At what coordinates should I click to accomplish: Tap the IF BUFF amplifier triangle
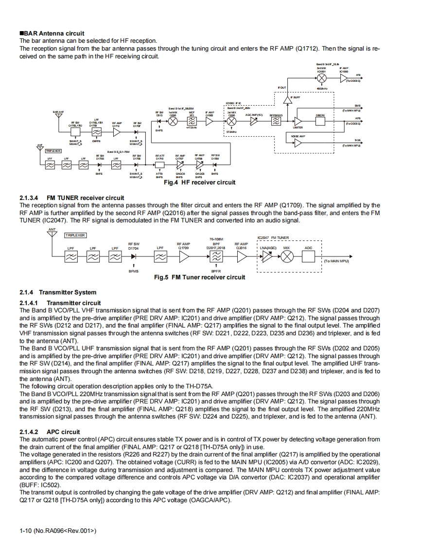[x=287, y=97]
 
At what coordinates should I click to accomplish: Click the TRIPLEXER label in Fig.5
[x=75, y=235]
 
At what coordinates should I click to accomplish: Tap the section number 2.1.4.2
[x=29, y=432]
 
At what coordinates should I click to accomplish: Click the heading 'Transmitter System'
[x=68, y=292]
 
